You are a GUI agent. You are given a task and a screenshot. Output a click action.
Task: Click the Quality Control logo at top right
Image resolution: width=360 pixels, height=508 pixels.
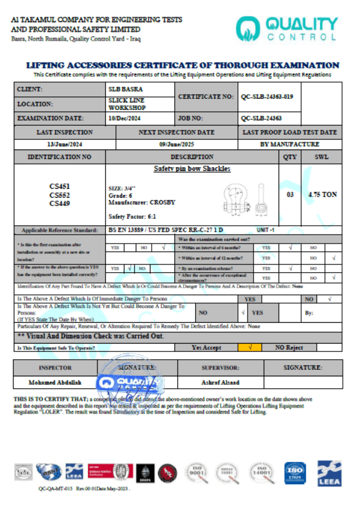click(286, 29)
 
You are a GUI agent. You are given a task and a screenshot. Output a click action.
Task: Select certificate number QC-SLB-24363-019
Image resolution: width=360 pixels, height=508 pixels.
click(267, 96)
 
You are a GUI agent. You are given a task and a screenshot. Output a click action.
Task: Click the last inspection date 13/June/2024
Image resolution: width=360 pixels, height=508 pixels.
click(64, 144)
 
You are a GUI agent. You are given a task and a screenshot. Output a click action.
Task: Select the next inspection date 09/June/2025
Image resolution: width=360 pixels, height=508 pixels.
click(176, 144)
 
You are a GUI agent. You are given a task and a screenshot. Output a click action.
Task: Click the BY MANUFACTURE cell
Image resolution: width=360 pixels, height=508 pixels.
click(289, 144)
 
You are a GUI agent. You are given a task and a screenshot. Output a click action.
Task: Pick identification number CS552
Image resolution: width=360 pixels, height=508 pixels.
click(60, 195)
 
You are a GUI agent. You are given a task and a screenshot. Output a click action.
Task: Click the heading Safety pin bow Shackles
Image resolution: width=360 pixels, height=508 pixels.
click(192, 169)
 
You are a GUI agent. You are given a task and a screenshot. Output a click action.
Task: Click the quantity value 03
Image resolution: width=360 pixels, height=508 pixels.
click(290, 195)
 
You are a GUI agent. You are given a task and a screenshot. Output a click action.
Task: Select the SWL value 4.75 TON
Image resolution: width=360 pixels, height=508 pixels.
click(323, 195)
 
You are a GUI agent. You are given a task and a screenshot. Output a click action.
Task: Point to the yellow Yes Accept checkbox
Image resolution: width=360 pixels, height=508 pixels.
click(250, 347)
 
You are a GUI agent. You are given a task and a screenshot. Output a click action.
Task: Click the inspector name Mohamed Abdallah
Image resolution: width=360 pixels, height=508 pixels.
click(55, 382)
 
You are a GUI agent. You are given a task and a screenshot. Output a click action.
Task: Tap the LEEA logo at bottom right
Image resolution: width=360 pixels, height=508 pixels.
click(328, 470)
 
